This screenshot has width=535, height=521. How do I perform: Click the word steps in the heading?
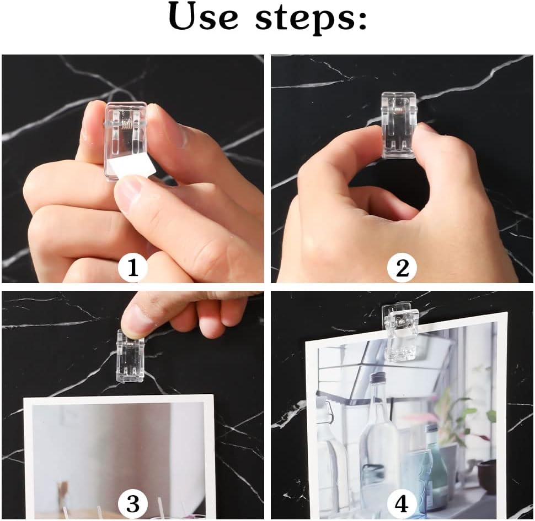(x=304, y=19)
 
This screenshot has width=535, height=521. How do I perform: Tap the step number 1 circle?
(x=133, y=268)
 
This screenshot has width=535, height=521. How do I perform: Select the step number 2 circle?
(x=402, y=268)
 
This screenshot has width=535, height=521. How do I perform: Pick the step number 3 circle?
(x=133, y=503)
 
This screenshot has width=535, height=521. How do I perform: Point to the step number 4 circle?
(x=402, y=503)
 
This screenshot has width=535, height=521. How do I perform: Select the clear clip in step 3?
(x=130, y=356)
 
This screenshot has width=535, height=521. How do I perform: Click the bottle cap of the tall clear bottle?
(x=378, y=378)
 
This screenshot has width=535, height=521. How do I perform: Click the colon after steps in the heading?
(x=361, y=20)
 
